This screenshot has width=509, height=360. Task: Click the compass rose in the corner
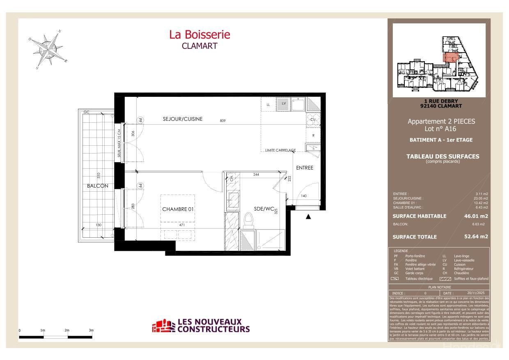click(49, 49)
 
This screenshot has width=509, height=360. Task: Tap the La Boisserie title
click(199, 34)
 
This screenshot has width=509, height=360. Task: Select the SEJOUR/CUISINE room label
click(183, 119)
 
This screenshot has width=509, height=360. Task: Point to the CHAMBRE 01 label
click(178, 209)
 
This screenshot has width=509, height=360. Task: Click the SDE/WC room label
click(264, 209)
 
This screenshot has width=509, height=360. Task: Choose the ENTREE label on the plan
click(305, 167)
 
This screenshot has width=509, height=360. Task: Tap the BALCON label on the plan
click(97, 186)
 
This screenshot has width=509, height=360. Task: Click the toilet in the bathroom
click(248, 220)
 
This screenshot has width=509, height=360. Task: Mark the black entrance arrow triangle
click(308, 217)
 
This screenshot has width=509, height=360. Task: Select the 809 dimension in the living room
click(222, 121)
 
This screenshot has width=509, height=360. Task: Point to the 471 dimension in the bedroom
click(182, 225)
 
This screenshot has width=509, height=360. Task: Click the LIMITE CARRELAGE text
click(280, 150)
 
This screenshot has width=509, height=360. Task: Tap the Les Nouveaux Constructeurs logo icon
click(163, 326)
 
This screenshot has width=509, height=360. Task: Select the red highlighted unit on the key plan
click(450, 57)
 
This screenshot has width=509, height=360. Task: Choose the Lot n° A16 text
click(441, 128)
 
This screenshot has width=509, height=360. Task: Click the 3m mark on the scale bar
click(91, 330)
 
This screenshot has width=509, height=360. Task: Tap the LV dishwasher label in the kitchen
click(283, 104)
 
